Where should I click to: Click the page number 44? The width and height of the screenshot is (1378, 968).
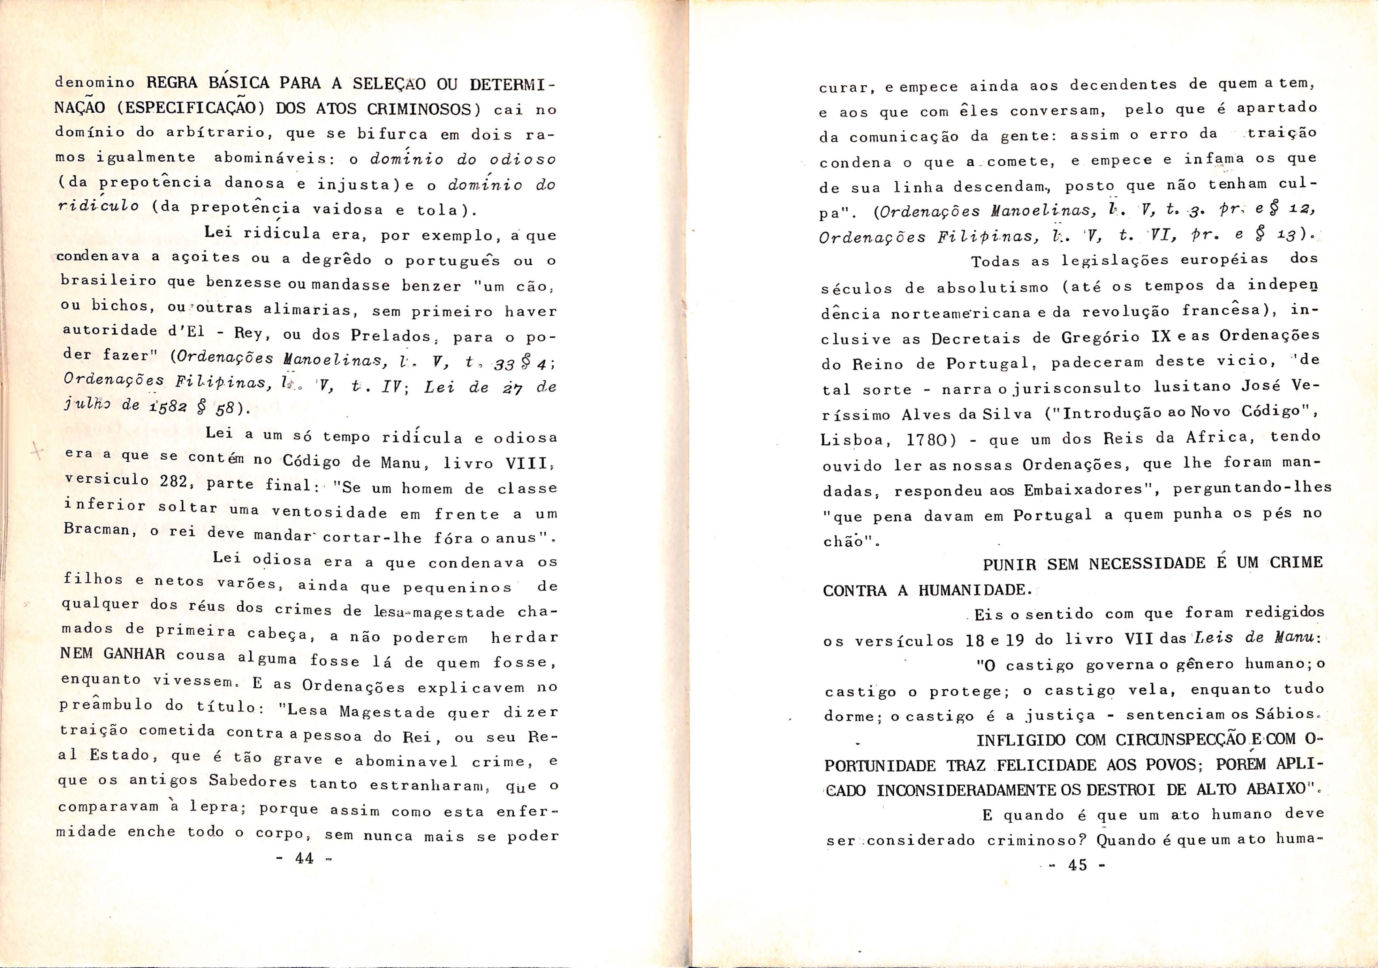tap(304, 858)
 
